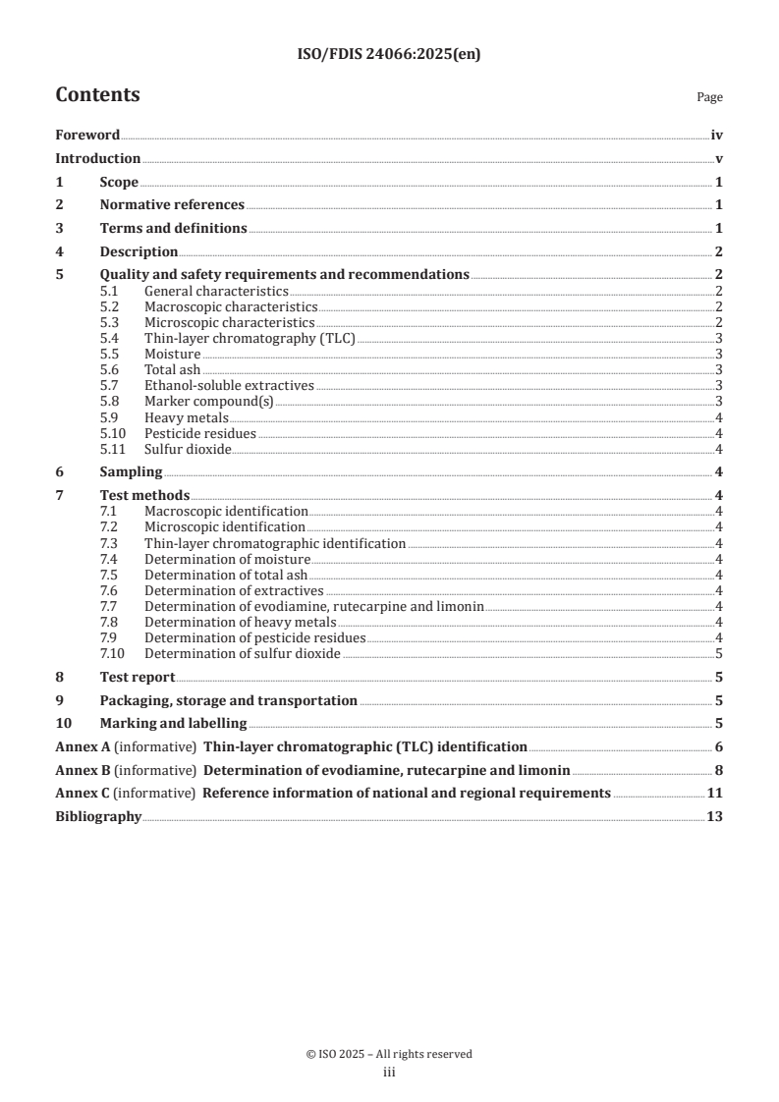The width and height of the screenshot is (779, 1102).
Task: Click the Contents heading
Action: pos(97,95)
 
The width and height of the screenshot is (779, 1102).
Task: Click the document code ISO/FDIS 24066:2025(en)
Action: pos(388,55)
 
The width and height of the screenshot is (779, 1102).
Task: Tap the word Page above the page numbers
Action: pos(709,97)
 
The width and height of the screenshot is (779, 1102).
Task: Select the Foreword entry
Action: pos(87,136)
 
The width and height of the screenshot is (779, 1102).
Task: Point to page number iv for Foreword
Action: pos(717,136)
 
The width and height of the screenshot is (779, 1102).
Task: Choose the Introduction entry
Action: pos(97,159)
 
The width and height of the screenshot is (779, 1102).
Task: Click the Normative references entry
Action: pos(172,205)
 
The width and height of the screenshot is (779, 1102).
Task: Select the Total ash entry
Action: pos(172,370)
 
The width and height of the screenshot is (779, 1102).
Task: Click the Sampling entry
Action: pos(131,472)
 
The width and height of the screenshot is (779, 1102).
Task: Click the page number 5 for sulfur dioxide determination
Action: pos(720,653)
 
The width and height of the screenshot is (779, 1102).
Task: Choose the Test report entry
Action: pos(138,677)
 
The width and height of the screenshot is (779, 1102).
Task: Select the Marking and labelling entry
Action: pos(174,724)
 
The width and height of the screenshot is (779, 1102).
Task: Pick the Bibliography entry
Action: pos(98,817)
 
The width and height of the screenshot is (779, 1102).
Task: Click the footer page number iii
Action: pos(388,1073)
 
